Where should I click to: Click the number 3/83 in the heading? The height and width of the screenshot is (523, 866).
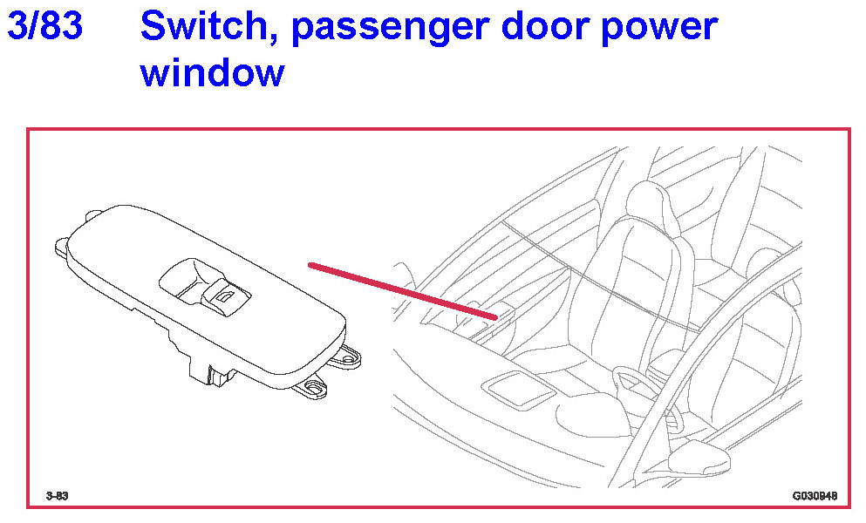tap(44, 26)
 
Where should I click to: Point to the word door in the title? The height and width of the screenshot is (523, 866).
tap(544, 26)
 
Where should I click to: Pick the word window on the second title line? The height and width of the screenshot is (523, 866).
tap(213, 72)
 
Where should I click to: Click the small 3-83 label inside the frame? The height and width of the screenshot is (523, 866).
tap(57, 495)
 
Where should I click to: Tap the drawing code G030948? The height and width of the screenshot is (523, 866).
tap(815, 495)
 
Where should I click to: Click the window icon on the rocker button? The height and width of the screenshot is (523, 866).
tap(225, 297)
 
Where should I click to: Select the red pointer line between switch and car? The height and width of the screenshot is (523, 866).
tap(403, 291)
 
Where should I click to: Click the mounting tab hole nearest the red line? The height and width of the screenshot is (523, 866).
tap(349, 359)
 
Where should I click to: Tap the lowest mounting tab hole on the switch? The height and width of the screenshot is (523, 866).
tap(315, 388)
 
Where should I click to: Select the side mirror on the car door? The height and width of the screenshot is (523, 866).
tap(699, 458)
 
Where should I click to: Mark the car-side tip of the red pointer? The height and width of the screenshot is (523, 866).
tap(497, 318)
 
